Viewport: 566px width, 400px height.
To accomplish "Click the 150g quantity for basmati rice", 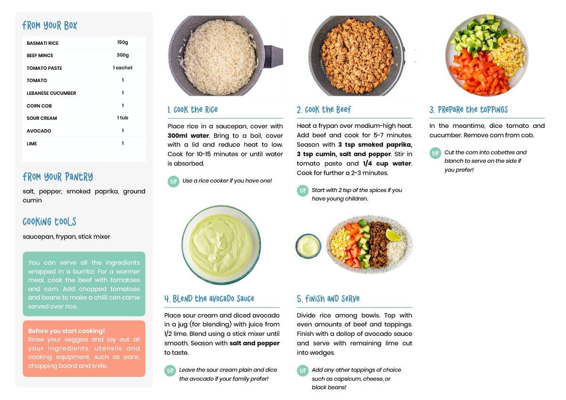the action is [123, 42].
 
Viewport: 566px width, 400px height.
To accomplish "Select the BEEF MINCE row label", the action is [40, 55].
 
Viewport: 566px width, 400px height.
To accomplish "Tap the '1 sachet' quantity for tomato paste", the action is [123, 67].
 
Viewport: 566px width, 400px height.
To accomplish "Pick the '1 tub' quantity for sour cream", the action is [123, 117].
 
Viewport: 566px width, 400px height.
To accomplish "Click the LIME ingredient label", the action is [32, 143].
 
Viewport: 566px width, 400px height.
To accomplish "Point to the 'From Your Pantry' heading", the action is [58, 176].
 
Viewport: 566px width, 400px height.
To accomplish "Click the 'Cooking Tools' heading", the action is [49, 222].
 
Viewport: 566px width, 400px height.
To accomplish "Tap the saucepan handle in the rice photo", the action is [274, 56].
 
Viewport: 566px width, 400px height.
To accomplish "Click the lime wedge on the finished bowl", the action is [393, 235].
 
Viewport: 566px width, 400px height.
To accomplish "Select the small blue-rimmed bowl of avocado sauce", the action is [308, 246].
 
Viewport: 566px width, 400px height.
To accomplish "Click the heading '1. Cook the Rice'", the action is [192, 109].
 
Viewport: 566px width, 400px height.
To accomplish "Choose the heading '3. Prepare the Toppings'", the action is [468, 109].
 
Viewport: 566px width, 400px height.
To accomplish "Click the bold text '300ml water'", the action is [188, 135].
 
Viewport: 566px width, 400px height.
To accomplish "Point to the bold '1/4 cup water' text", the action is [387, 164].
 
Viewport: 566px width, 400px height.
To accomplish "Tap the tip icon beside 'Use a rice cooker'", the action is [174, 182].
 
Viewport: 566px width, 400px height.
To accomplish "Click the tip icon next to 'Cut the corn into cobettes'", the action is [435, 153].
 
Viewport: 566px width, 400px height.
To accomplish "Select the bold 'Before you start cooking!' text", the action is [66, 331].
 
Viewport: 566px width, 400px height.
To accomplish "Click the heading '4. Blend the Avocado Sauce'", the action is [209, 299].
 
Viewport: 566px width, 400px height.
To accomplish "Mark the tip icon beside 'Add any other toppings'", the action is [302, 371].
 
